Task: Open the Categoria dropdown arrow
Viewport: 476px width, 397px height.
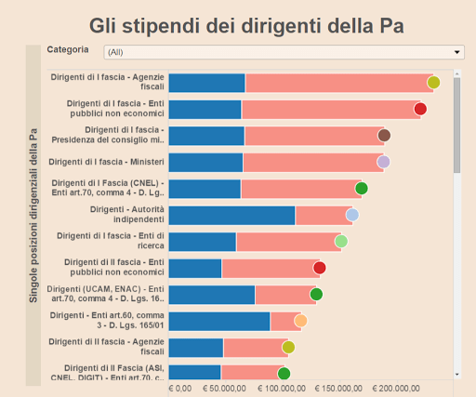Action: tap(457, 52)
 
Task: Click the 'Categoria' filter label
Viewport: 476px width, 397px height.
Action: tap(68, 49)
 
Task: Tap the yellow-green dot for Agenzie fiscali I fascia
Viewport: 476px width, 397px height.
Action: tap(433, 82)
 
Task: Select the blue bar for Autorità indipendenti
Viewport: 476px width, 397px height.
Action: tap(231, 216)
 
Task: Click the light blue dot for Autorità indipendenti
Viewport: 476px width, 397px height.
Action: tap(352, 216)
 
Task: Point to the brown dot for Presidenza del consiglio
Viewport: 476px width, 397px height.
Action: tap(384, 136)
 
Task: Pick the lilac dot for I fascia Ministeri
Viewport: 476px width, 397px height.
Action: tap(383, 162)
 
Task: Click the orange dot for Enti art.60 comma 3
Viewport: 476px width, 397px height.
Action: tap(300, 321)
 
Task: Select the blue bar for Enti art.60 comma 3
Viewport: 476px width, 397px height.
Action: tap(219, 321)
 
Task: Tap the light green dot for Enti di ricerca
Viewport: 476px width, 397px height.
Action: tap(341, 242)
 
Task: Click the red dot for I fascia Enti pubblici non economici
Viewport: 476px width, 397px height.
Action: tap(420, 109)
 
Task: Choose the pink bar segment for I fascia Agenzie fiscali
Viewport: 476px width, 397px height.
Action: tap(338, 83)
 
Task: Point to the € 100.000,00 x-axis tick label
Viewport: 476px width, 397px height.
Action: tap(280, 388)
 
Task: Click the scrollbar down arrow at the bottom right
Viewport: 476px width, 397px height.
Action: tap(456, 374)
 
